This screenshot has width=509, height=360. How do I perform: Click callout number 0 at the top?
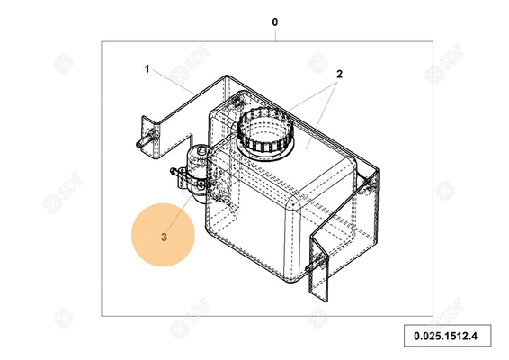[x=275, y=21]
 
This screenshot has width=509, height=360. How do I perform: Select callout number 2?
[x=340, y=76]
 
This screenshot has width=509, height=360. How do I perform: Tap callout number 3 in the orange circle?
[x=164, y=238]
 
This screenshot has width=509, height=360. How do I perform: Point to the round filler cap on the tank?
[x=263, y=130]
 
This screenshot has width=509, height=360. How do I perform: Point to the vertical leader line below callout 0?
[x=275, y=34]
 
